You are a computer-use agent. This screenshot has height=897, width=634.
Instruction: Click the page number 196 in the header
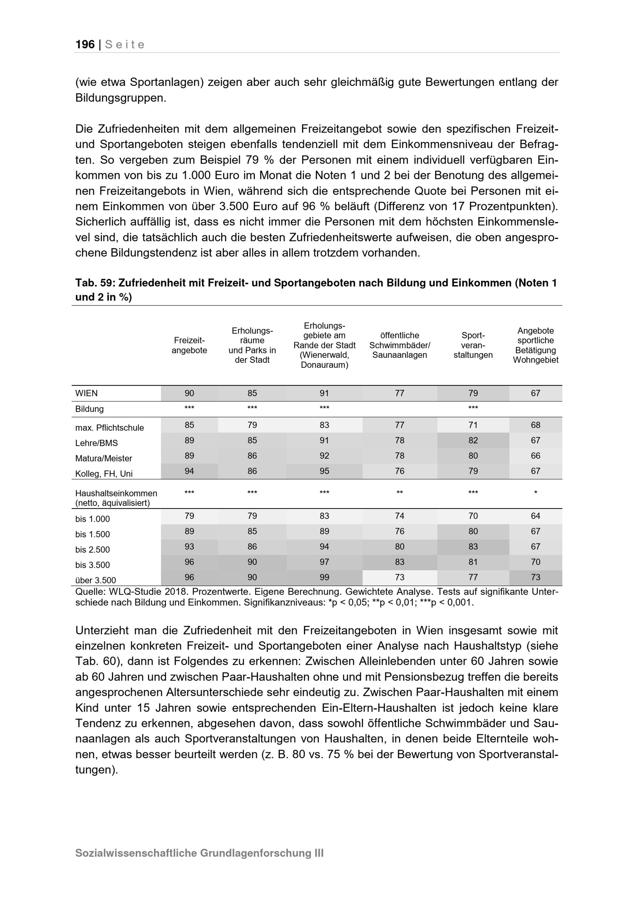[85, 44]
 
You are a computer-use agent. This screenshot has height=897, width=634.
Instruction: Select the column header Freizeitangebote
[189, 345]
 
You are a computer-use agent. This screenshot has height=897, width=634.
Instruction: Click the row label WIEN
[87, 393]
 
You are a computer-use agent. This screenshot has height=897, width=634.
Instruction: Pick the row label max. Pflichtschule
[110, 428]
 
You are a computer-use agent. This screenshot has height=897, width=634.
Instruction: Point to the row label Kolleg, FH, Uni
[104, 474]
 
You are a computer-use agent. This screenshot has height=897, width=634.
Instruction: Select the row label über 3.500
[96, 580]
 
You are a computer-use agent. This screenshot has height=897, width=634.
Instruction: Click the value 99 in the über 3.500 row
[324, 577]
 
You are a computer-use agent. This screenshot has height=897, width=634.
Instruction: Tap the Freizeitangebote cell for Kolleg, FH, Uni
[189, 471]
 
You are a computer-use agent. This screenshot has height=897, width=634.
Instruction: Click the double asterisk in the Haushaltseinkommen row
[399, 493]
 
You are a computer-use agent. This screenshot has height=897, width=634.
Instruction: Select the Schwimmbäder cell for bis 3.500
[399, 562]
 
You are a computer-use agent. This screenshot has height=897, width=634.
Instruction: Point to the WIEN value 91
[324, 393]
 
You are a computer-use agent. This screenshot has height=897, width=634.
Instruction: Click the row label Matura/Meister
[104, 459]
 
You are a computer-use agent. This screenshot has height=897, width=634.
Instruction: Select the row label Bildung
[89, 409]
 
